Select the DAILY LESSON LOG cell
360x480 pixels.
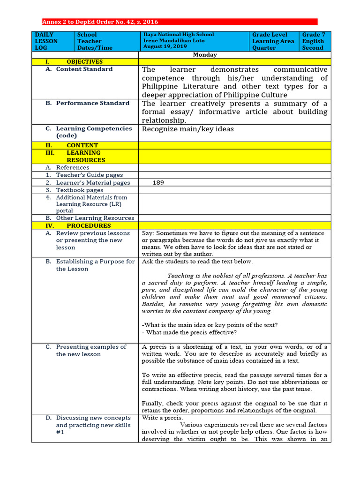click(46, 41)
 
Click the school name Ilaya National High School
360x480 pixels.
click(178, 35)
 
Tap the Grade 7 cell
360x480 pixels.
click(313, 35)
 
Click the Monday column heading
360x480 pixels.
click(205, 55)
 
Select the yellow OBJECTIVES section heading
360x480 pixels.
click(84, 62)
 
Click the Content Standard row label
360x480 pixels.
click(84, 69)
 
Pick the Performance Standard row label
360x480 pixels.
click(92, 103)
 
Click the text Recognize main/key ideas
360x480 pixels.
click(187, 129)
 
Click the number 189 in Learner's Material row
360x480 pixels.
click(158, 183)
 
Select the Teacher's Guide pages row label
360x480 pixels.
click(89, 175)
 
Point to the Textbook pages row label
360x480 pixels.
click(79, 190)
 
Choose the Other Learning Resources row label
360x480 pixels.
click(95, 218)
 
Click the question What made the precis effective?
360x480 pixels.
click(189, 332)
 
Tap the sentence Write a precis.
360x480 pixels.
click(162, 418)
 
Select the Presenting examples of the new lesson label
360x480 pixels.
click(91, 351)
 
